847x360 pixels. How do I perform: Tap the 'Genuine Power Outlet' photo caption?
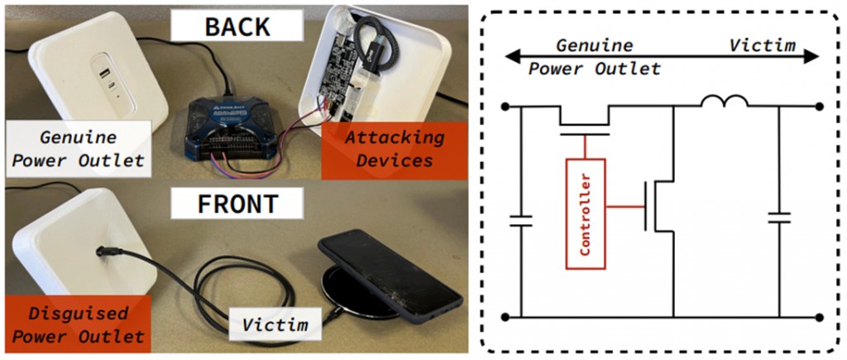[x=79, y=149]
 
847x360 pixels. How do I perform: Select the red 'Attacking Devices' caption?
[x=394, y=149]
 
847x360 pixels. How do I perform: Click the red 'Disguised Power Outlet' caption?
[x=78, y=325]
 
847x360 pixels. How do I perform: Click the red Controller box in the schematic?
[x=585, y=213]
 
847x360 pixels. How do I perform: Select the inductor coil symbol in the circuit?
[x=725, y=102]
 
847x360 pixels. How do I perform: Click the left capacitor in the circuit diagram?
[x=520, y=220]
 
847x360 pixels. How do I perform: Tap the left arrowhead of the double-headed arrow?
[x=514, y=56]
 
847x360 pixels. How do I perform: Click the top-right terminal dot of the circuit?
[x=819, y=106]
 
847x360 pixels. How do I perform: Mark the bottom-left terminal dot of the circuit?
[x=505, y=317]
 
